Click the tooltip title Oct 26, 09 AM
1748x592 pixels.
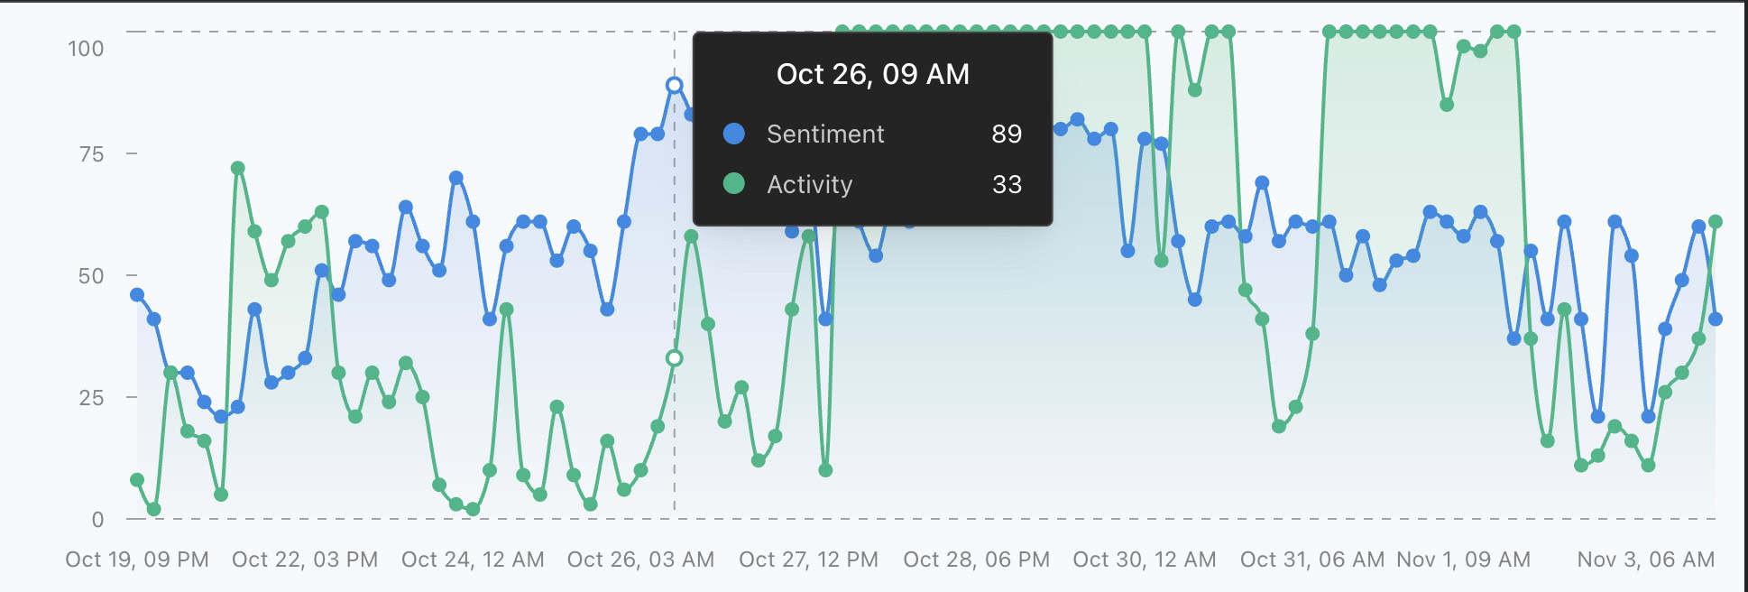click(x=873, y=74)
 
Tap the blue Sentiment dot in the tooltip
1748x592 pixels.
click(x=734, y=134)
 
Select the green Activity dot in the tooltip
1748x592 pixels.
click(x=734, y=184)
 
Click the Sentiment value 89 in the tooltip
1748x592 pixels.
click(x=1007, y=134)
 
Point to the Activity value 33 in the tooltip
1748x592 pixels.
click(x=1007, y=184)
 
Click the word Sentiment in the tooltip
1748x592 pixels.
click(x=825, y=134)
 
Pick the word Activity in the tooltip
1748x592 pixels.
click(x=809, y=184)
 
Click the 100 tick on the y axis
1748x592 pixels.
click(x=86, y=48)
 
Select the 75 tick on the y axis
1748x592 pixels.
click(x=91, y=154)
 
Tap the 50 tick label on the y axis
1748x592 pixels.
click(x=91, y=275)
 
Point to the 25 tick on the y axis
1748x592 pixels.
click(x=91, y=397)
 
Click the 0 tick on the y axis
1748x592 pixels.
click(x=97, y=519)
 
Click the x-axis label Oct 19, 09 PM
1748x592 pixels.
click(x=137, y=560)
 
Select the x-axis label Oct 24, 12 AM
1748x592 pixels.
click(x=473, y=560)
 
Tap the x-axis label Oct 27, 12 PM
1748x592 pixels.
click(x=808, y=560)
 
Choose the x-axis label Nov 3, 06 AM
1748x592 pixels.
click(x=1646, y=560)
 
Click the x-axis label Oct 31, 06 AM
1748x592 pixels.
click(x=1312, y=560)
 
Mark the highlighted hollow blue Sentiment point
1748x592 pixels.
click(x=674, y=86)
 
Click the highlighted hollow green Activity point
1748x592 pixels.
click(x=674, y=358)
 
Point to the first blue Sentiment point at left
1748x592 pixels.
click(x=137, y=295)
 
